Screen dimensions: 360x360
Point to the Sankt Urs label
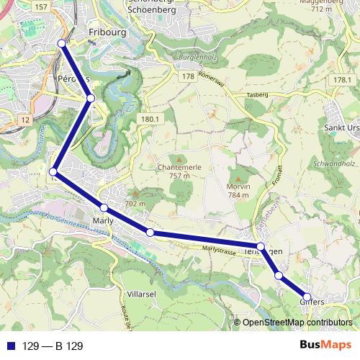pyautogui.click(x=342, y=129)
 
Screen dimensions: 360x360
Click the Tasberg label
pyautogui.click(x=256, y=94)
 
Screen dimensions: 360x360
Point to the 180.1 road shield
pyautogui.click(x=150, y=119)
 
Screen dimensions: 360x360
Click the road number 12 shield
pyautogui.click(x=25, y=118)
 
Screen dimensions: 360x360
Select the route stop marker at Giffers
pyautogui.click(x=307, y=297)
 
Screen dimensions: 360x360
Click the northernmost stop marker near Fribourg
pyautogui.click(x=62, y=44)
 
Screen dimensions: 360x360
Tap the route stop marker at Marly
pyautogui.click(x=104, y=208)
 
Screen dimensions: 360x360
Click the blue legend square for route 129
pyautogui.click(x=11, y=346)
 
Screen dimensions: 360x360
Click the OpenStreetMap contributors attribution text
pyautogui.click(x=297, y=323)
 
